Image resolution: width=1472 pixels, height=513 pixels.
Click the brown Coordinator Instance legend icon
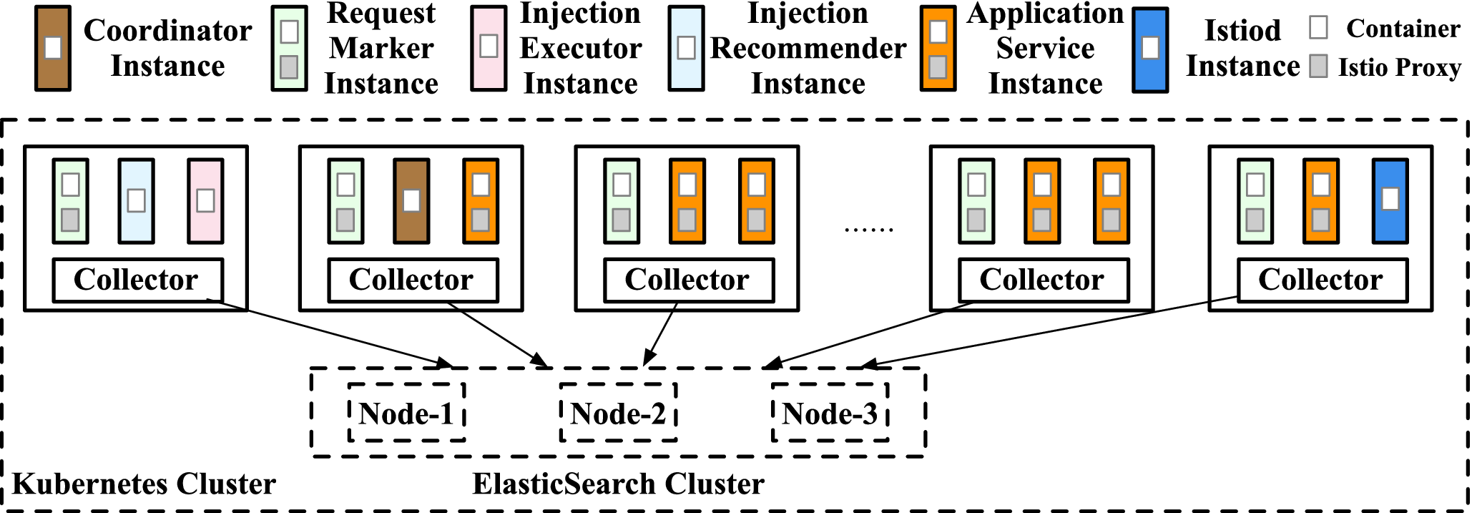(x=53, y=49)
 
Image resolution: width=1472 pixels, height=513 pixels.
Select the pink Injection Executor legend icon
(x=489, y=48)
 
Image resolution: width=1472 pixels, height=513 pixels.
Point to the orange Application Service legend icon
(x=938, y=49)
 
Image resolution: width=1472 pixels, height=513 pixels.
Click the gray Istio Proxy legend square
(x=1318, y=67)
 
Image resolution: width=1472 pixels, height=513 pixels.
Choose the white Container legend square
(x=1318, y=28)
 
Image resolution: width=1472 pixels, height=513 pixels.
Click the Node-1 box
(x=406, y=414)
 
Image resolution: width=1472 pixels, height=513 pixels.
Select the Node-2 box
(x=618, y=414)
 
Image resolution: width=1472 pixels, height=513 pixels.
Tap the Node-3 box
(x=830, y=414)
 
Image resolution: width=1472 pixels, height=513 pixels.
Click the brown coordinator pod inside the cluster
(x=411, y=201)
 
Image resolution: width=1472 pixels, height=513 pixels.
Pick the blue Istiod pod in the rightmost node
(x=1390, y=201)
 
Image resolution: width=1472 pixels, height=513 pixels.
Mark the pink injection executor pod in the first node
(x=205, y=201)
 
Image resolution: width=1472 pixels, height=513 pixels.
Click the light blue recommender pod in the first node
(x=136, y=201)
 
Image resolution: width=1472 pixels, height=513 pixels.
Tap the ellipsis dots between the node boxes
(x=868, y=230)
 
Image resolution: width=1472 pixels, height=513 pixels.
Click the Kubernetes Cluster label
(x=144, y=484)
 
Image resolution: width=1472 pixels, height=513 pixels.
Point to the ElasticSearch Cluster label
(x=618, y=484)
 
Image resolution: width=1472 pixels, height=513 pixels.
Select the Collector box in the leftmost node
(x=137, y=280)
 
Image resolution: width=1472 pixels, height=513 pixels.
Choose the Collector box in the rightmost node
(x=1322, y=280)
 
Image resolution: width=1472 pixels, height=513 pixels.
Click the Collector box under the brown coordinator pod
(x=413, y=280)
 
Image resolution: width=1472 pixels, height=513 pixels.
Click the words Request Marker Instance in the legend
(x=381, y=49)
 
